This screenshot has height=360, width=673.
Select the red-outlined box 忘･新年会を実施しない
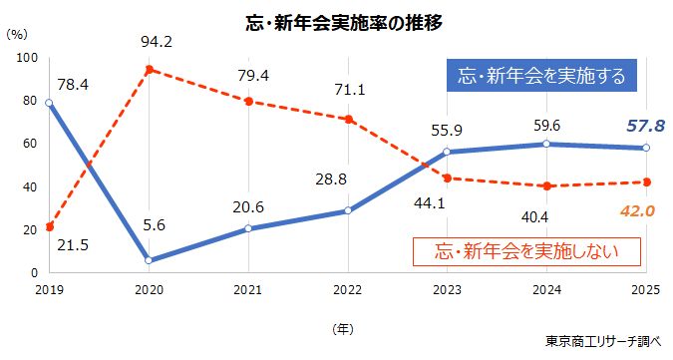510,250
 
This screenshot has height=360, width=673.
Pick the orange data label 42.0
633,210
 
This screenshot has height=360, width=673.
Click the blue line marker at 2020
149,260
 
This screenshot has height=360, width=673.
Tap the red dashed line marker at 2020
149,70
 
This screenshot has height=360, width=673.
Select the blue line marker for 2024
546,144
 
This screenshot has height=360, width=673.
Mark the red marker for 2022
348,120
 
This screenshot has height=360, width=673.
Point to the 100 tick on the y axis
26,58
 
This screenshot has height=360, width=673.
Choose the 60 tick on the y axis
30,144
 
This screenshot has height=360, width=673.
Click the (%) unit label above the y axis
16,33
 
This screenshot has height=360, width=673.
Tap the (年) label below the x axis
342,325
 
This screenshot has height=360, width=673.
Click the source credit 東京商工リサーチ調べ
603,341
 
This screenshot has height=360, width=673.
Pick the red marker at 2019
50,226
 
